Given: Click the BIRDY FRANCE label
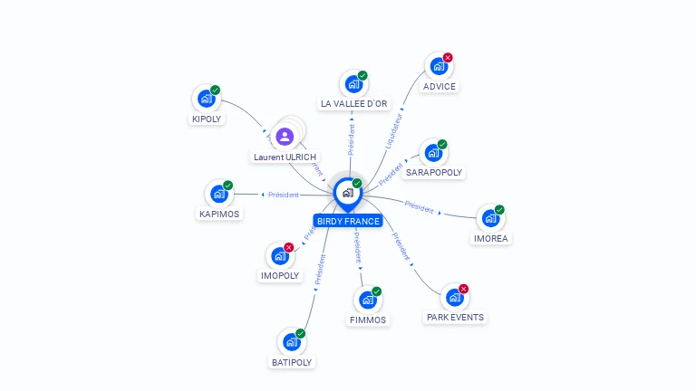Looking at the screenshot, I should pyautogui.click(x=348, y=221).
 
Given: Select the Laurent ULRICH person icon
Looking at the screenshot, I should pyautogui.click(x=285, y=137).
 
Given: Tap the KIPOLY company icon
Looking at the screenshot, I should pyautogui.click(x=206, y=99).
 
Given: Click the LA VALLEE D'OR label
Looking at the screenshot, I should pyautogui.click(x=353, y=104).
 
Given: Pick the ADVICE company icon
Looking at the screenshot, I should pyautogui.click(x=439, y=66).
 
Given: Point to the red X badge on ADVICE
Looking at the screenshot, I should pyautogui.click(x=448, y=58).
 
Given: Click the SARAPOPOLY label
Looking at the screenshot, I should pyautogui.click(x=434, y=172).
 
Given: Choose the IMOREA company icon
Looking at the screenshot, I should pyautogui.click(x=490, y=218).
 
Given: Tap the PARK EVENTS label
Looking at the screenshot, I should pyautogui.click(x=455, y=318).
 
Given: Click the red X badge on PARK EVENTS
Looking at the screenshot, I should pyautogui.click(x=464, y=289).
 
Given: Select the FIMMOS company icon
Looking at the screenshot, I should pyautogui.click(x=367, y=300).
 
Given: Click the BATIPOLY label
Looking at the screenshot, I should pyautogui.click(x=292, y=362).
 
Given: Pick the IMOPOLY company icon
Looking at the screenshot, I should pyautogui.click(x=279, y=256).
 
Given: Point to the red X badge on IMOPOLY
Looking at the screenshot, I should pyautogui.click(x=289, y=247).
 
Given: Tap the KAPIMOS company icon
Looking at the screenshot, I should pyautogui.click(x=218, y=194).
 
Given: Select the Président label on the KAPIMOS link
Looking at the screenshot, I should pyautogui.click(x=284, y=195).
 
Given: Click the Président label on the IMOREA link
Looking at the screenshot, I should pyautogui.click(x=420, y=206).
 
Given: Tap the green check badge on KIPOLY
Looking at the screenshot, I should pyautogui.click(x=216, y=90).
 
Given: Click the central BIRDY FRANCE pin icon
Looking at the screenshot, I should pyautogui.click(x=347, y=193).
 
